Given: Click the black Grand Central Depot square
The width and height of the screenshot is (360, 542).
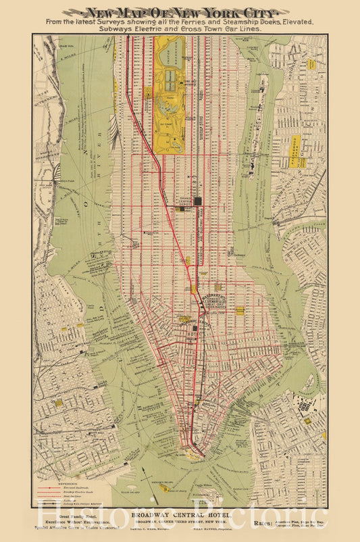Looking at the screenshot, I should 198,201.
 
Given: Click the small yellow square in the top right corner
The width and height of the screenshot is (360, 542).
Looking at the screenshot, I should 311,64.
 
